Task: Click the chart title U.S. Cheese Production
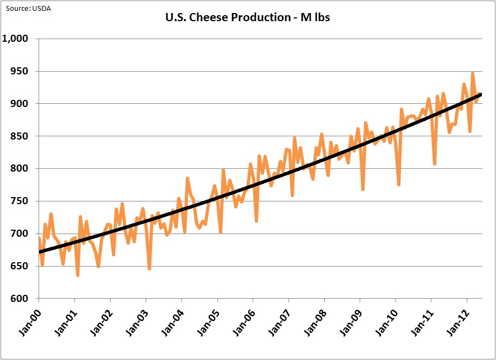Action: [x=247, y=18]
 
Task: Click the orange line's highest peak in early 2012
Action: [x=473, y=73]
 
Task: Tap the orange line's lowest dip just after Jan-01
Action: [x=78, y=275]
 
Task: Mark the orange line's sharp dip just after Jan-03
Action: [x=149, y=269]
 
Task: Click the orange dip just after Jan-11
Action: [x=435, y=164]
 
